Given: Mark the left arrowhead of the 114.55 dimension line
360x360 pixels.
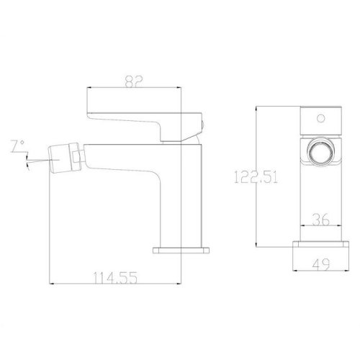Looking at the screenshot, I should click(50, 283).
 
